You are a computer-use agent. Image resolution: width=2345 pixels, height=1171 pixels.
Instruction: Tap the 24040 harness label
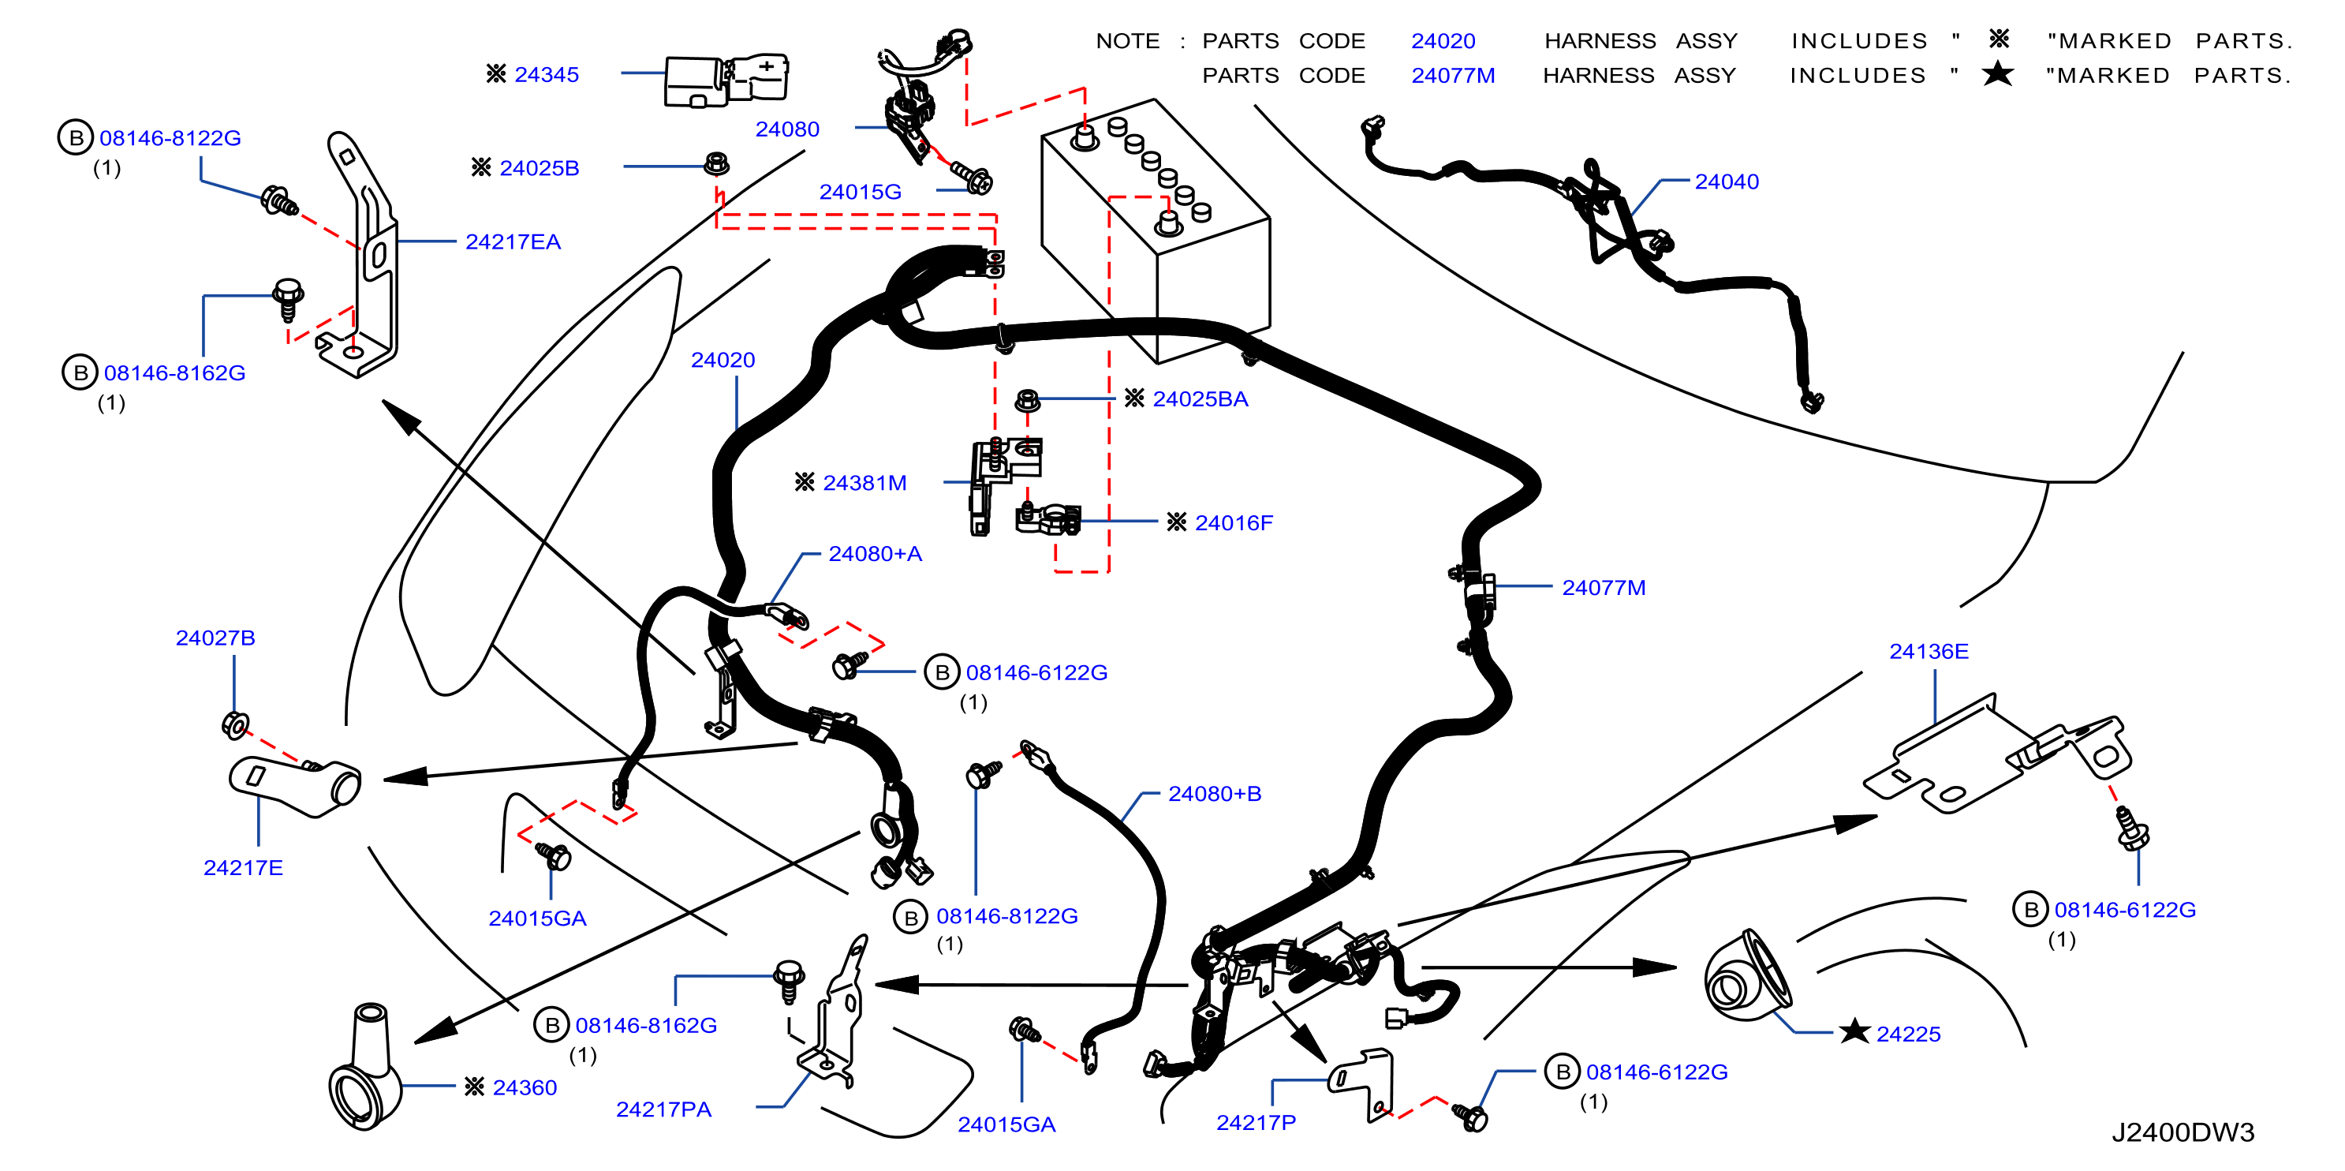tap(1726, 181)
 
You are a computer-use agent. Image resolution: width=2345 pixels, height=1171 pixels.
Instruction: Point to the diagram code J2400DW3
tap(2183, 1132)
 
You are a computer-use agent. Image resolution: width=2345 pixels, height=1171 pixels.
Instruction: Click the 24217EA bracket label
tap(513, 241)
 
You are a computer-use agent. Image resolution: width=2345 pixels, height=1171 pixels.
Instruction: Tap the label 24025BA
tap(1200, 398)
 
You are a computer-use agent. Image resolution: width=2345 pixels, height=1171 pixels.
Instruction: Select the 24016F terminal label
tap(1234, 522)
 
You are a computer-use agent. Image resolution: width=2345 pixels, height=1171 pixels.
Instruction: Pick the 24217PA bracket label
tap(663, 1109)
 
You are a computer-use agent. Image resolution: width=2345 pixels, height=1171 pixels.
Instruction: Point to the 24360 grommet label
tap(525, 1087)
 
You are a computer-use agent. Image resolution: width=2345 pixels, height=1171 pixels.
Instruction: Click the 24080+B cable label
tap(1215, 793)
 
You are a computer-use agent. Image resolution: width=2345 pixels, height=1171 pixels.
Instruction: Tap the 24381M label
tap(864, 483)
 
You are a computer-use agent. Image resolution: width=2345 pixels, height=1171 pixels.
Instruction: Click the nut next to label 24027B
tap(235, 725)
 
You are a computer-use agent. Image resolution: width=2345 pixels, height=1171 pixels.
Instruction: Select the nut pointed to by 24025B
tap(716, 164)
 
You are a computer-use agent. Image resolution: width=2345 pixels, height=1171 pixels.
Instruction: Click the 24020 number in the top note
tap(1443, 41)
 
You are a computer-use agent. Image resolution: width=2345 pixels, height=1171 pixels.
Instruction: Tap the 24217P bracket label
tap(1256, 1123)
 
